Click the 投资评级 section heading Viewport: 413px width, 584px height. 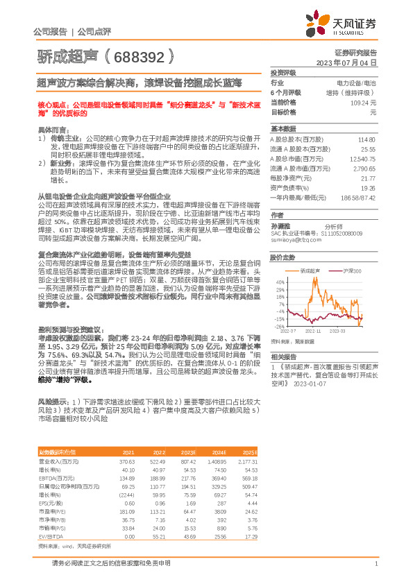pos(283,72)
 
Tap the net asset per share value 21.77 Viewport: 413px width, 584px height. pos(368,178)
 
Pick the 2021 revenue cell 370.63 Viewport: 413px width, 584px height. pos(126,442)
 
